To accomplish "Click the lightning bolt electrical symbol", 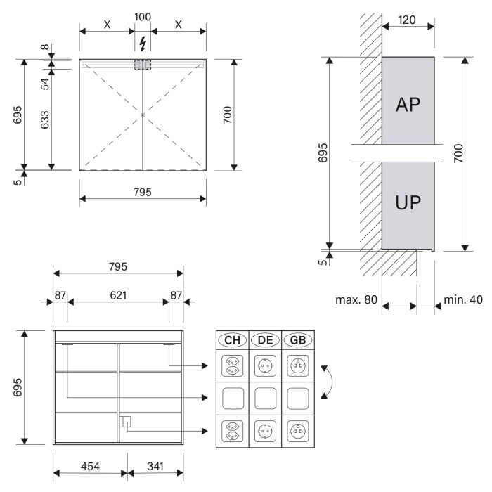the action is pyautogui.click(x=143, y=44).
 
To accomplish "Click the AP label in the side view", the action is pyautogui.click(x=408, y=105).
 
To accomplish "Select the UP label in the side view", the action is pyautogui.click(x=408, y=202).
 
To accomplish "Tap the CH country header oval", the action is pyautogui.click(x=233, y=340).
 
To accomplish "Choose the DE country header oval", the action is pyautogui.click(x=265, y=340).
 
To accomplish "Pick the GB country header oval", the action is pyautogui.click(x=298, y=340).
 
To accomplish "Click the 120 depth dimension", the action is pyautogui.click(x=407, y=20).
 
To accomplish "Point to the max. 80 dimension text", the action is pyautogui.click(x=356, y=299).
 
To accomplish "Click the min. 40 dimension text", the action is pyautogui.click(x=462, y=299).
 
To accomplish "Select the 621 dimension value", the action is pyautogui.click(x=118, y=295).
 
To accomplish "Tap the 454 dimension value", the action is pyautogui.click(x=90, y=466).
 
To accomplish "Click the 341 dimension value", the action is pyautogui.click(x=155, y=466).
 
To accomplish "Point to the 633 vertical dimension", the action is pyautogui.click(x=45, y=119).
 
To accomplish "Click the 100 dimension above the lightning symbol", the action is pyautogui.click(x=143, y=17).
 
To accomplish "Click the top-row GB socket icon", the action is pyautogui.click(x=298, y=366).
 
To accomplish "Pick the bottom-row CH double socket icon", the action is pyautogui.click(x=233, y=431).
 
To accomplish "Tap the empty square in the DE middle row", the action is pyautogui.click(x=265, y=399).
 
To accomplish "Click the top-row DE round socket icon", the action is pyautogui.click(x=265, y=366).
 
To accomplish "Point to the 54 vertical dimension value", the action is pyautogui.click(x=45, y=84).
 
